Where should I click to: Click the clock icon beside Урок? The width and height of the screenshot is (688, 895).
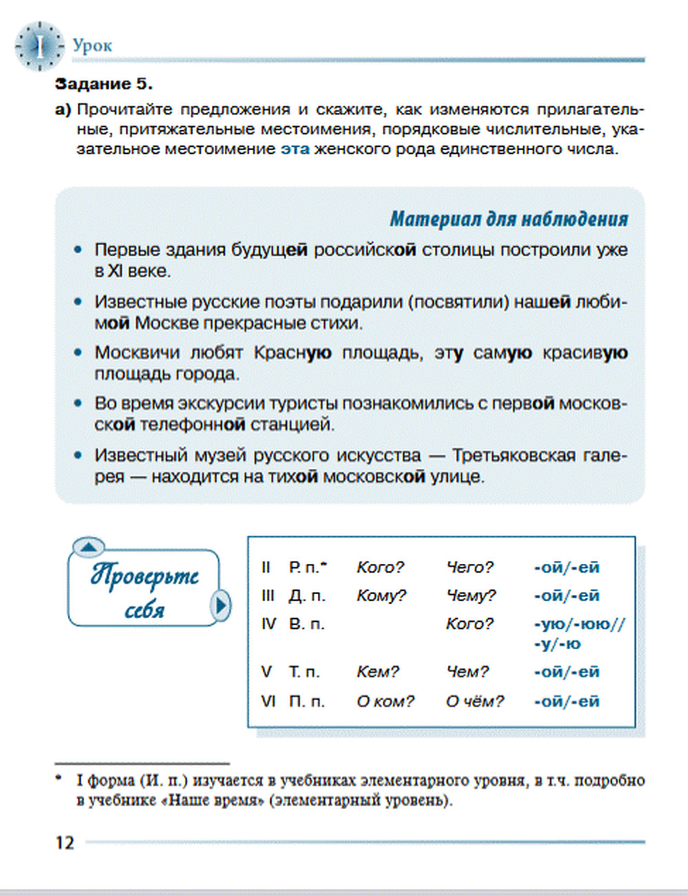point(39,46)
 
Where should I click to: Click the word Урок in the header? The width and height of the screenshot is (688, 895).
point(92,45)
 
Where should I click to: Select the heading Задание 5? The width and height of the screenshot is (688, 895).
point(103,84)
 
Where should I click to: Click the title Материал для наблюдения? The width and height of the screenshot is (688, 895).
point(508,219)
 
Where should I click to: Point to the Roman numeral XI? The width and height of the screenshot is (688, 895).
point(115,271)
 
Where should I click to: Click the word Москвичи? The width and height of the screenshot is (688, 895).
point(135,352)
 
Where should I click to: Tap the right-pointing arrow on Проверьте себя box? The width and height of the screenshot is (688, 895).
point(221,605)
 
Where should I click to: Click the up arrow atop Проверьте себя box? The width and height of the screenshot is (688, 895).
point(88,547)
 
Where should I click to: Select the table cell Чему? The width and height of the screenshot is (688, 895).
point(471,596)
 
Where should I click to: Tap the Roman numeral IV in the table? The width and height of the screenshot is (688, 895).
point(268,624)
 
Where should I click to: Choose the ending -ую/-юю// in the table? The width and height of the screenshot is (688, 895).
point(579,624)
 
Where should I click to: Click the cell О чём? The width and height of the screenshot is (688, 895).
point(475,701)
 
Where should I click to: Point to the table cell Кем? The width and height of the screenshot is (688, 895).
point(378,671)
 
